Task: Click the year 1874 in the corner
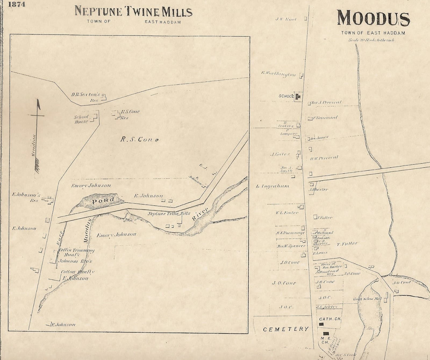17,5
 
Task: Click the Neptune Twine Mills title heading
133,12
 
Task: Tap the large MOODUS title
373,19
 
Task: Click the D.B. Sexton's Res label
85,97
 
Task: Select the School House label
81,119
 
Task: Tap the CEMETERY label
286,329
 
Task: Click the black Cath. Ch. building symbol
321,325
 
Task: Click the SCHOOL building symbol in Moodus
298,96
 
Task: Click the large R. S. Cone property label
139,140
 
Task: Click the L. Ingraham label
273,186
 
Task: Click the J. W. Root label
286,19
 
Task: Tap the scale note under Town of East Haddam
371,40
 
